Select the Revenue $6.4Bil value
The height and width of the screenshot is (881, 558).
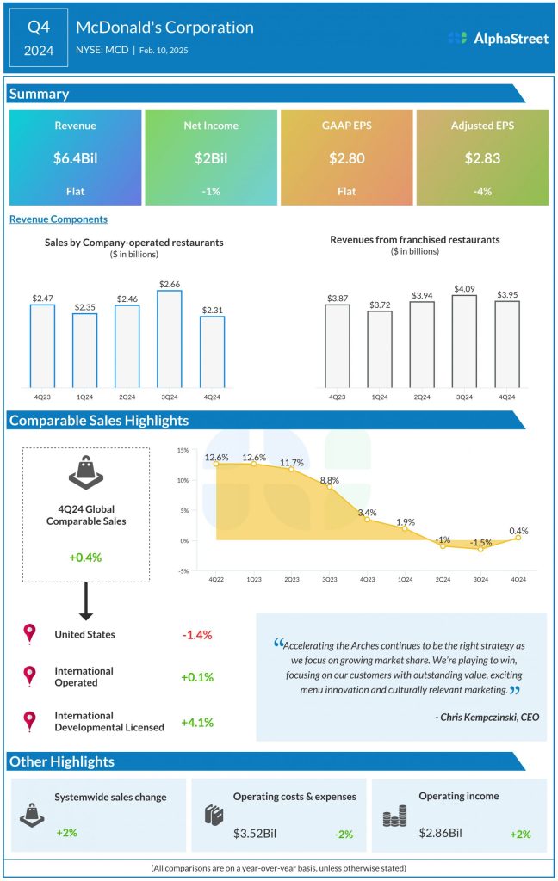click(75, 158)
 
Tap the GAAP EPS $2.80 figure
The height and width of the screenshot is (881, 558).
click(347, 158)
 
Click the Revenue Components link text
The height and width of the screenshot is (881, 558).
click(59, 219)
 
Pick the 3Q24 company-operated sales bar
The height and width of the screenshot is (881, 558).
click(170, 339)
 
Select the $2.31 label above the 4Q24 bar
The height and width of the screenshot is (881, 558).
click(212, 309)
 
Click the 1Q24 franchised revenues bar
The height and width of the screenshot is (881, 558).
click(380, 348)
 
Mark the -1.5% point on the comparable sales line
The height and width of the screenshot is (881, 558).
click(480, 549)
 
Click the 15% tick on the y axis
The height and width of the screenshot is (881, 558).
click(183, 450)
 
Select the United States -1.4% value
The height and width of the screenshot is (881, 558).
click(196, 635)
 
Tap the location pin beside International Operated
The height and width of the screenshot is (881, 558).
click(30, 676)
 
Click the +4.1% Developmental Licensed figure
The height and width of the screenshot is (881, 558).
click(196, 721)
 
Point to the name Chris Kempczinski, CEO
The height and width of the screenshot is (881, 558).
click(487, 716)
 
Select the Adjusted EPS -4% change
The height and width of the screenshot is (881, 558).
click(482, 191)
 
